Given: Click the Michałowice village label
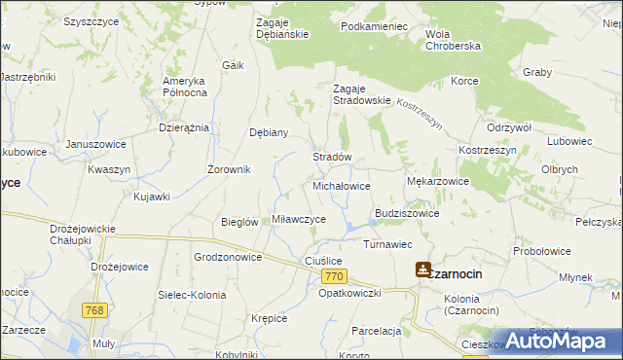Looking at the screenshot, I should (341, 185).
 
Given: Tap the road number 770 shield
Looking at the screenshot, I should (332, 277).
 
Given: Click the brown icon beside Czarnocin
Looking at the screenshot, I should (424, 270).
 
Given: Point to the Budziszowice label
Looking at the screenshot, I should (407, 213).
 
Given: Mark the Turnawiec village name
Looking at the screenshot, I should (388, 244).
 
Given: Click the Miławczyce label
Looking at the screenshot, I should (299, 220).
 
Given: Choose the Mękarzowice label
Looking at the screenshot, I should (437, 181).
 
